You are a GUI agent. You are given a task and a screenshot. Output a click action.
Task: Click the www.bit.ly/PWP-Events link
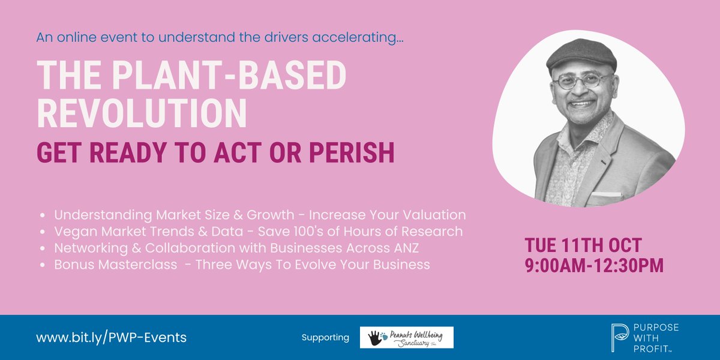112,337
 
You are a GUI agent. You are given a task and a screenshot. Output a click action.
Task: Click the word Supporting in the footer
325,338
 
